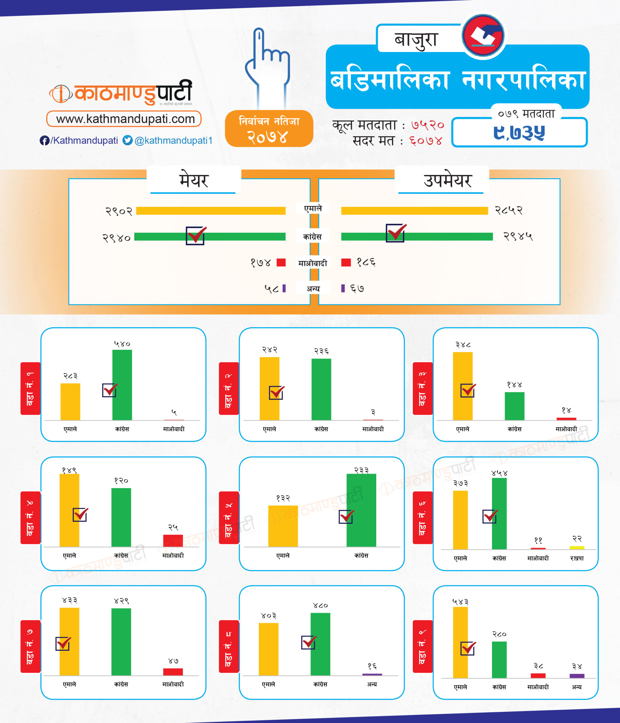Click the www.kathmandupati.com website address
(124, 119)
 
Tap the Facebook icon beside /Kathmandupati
(44, 141)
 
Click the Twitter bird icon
(127, 140)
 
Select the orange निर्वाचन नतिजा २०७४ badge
(269, 129)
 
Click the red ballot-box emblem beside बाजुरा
(483, 35)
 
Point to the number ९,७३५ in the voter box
(519, 132)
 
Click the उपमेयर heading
(447, 180)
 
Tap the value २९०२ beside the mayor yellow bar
(119, 211)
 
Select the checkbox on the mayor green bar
(195, 236)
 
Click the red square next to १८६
(346, 262)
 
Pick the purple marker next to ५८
(284, 288)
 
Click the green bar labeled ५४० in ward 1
(122, 385)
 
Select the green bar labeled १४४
(514, 406)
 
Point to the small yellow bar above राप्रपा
(577, 548)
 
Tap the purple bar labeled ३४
(577, 676)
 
